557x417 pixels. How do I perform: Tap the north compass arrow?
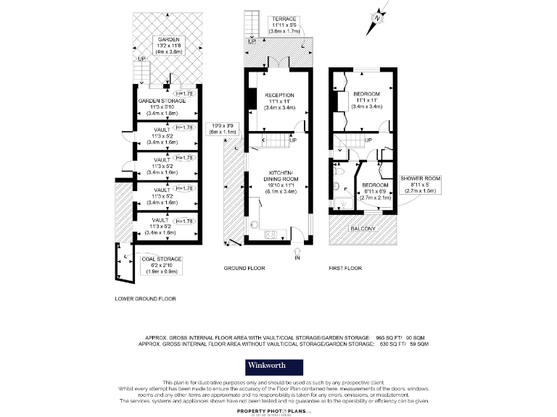pos(377,20)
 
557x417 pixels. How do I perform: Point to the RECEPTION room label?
pos(279,95)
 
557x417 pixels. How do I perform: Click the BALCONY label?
pos(364,229)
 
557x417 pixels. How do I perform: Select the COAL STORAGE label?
pos(162,258)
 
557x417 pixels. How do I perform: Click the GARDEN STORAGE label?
pos(162,101)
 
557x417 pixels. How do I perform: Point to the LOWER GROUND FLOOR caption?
pos(146,298)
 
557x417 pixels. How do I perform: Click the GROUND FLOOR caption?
pos(244,268)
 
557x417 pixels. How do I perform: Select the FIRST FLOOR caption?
pos(344,268)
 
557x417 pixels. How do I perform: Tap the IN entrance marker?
pos(297,258)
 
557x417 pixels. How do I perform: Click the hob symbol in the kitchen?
pos(271,233)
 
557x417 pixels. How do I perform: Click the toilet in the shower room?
pos(339,186)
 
